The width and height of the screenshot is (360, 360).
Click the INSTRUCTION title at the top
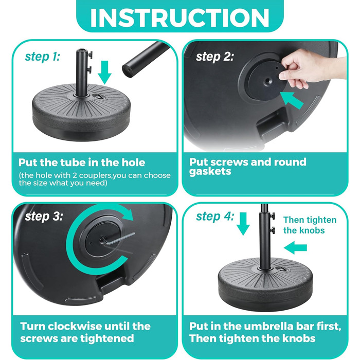pos(180,17)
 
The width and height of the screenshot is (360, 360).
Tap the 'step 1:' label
pos(43,56)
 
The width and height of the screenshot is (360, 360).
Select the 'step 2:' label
pos(215,56)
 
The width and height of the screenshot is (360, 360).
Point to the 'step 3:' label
pos(44,217)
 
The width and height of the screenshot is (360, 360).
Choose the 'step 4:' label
pos(215,217)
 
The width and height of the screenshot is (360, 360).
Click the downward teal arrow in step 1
pos(104,73)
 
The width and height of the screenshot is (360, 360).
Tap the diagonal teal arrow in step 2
pos(292,100)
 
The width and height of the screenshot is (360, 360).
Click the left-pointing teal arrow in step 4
pos(295,248)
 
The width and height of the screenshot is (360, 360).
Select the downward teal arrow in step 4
pos(243,224)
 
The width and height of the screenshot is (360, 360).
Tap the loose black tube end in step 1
pos(145,60)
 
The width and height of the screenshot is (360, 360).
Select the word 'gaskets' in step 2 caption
pos(210,171)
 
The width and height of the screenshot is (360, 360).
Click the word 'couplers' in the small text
pos(95,176)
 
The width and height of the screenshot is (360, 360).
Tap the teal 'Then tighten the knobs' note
pos(310,225)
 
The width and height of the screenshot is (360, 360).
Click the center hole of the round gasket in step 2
pos(268,81)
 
